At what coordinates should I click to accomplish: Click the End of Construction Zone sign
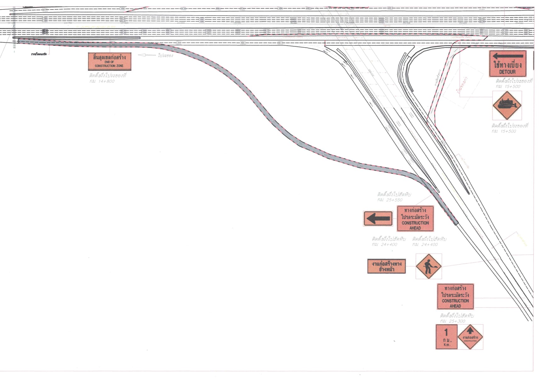[109, 61]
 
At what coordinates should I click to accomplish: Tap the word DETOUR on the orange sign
[507, 72]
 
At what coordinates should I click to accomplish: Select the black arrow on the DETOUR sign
[507, 57]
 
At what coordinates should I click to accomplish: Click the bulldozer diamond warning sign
[507, 106]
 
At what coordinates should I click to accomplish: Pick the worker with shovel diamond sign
[428, 266]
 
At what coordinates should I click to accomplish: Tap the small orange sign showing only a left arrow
[378, 219]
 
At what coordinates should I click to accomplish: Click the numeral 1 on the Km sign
[446, 332]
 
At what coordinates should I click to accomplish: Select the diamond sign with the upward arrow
[470, 337]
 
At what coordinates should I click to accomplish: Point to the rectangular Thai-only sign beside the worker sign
[386, 266]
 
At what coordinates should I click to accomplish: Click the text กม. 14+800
[102, 81]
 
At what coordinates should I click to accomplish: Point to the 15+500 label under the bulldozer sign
[504, 131]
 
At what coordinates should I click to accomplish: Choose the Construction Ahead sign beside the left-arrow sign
[415, 219]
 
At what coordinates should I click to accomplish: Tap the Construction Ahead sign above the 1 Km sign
[455, 297]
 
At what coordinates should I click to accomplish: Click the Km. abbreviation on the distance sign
[446, 345]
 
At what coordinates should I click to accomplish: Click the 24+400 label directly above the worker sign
[425, 244]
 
